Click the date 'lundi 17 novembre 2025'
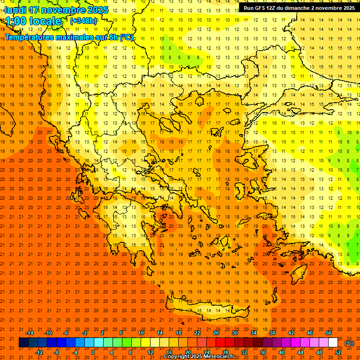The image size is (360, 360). click(x=56, y=10)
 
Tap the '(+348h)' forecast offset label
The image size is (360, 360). click(x=83, y=21)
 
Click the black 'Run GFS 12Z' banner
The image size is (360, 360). click(x=299, y=8)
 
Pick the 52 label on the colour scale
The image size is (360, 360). click(x=338, y=352)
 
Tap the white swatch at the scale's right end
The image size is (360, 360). click(x=333, y=343)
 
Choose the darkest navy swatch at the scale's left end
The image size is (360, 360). click(x=23, y=343)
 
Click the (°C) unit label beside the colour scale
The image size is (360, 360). click(x=349, y=343)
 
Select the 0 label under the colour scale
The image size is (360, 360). click(x=93, y=352)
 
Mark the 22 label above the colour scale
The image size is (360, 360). click(x=197, y=333)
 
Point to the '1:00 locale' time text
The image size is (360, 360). click(x=34, y=21)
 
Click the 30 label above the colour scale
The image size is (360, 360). click(x=235, y=333)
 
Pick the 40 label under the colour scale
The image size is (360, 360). click(x=281, y=352)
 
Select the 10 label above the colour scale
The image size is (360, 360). click(x=141, y=333)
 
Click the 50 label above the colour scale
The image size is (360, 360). click(x=328, y=333)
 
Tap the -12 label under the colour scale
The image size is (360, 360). click(x=39, y=352)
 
